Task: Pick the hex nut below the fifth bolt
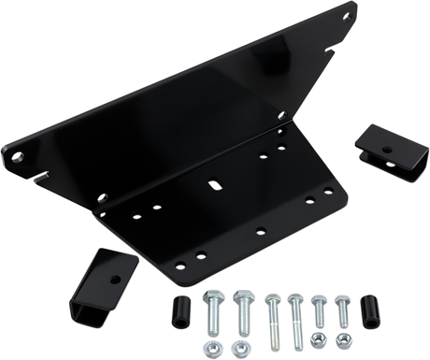(318, 342)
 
